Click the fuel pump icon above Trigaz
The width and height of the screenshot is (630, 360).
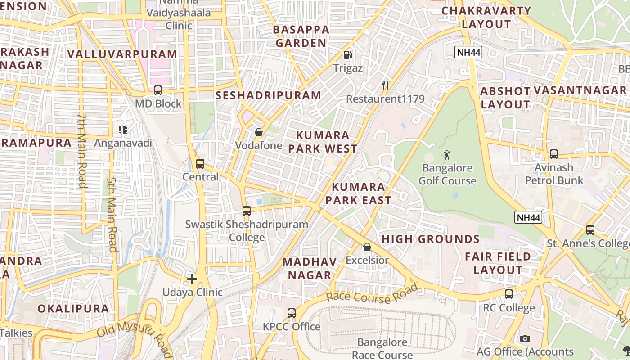tap(347, 55)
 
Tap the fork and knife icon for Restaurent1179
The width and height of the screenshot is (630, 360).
tap(385, 85)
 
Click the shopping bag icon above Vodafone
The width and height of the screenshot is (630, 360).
tap(259, 132)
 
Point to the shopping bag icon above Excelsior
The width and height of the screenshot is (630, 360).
tap(367, 247)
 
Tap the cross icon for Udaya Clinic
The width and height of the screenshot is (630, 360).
tap(192, 279)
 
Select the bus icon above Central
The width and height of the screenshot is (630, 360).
tap(200, 164)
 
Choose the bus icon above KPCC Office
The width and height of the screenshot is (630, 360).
tap(292, 313)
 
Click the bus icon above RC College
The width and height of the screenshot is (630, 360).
tap(509, 294)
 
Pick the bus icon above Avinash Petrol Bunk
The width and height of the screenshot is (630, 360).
tap(554, 154)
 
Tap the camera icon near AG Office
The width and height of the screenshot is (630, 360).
tap(525, 338)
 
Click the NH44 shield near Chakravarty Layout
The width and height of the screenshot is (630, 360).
tap(468, 52)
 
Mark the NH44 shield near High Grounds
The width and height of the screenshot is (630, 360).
tap(528, 218)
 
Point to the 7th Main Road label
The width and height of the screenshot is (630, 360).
tap(81, 150)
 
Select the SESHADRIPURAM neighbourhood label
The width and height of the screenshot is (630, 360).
tap(268, 95)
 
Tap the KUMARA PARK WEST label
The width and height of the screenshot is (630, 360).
tap(323, 142)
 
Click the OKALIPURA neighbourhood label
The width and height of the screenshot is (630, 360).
tap(73, 309)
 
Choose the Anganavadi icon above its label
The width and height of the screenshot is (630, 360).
tap(123, 130)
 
